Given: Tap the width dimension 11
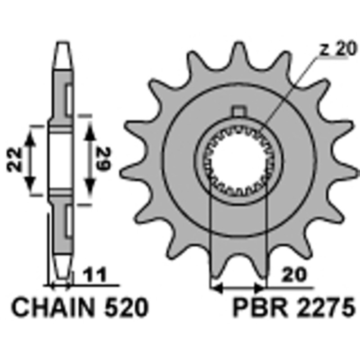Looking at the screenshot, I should coord(95,275).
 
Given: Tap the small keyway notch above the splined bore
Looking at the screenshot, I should coord(239,110).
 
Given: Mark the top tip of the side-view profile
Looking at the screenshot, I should coord(63,44).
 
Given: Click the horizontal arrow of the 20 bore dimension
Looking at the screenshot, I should coord(238,287).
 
